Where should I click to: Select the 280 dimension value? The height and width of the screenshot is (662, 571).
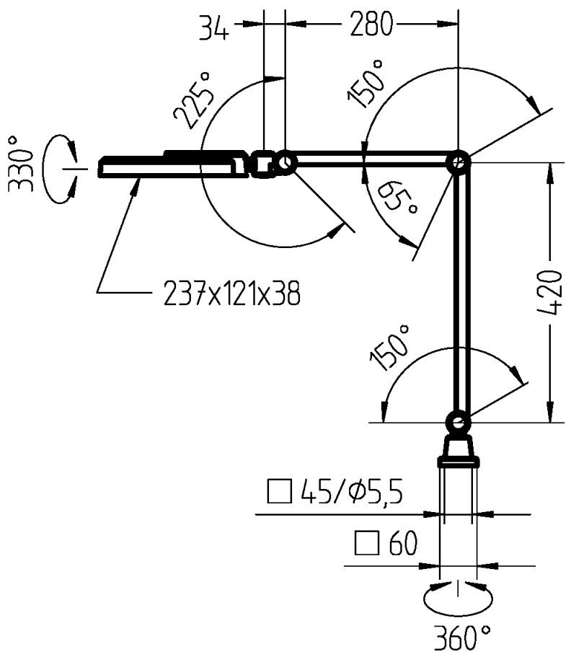(x=373, y=26)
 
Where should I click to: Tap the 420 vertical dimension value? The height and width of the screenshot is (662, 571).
(x=551, y=293)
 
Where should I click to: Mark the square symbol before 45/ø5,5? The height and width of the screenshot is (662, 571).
(x=277, y=493)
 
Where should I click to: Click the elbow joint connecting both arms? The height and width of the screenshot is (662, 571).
(x=458, y=164)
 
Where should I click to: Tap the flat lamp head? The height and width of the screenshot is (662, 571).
(x=173, y=165)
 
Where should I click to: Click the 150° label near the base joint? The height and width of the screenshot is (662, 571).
(x=389, y=348)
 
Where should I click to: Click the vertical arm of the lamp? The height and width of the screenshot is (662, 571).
(x=458, y=288)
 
